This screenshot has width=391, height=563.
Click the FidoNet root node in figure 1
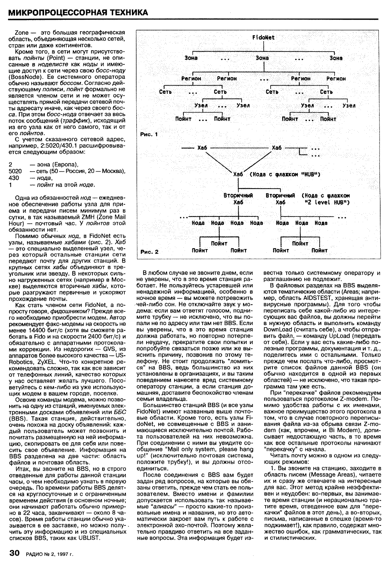263,37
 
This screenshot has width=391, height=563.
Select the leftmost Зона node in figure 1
191,58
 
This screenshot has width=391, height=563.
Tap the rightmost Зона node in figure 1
336,58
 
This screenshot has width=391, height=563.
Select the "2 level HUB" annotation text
326,202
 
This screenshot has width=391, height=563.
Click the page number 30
16,553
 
